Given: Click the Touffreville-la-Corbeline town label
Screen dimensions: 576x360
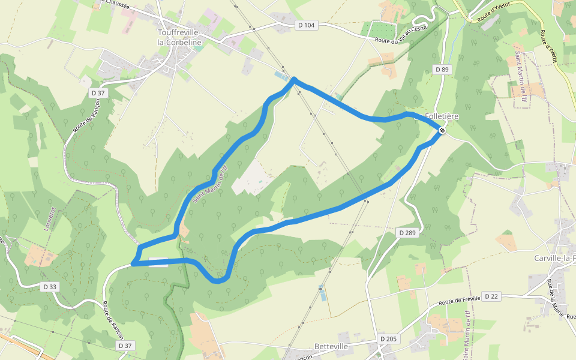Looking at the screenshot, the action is pos(179,37).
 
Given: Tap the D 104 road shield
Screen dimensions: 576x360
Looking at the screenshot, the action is pos(305,25).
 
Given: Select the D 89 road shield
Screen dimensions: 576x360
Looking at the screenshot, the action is pos(442,70).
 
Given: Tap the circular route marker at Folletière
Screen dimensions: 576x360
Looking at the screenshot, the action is pos(442,130).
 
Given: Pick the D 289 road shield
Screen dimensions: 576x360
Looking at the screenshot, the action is pos(407,232).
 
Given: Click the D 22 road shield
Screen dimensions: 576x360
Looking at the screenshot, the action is pos(491,296).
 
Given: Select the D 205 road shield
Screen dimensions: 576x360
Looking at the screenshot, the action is pos(388,339).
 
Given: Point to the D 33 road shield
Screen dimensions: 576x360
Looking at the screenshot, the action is pos(50,287).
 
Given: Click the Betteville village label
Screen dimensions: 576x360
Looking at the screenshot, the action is pos(331,347).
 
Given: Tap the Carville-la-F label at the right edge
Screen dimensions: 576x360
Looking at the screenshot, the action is pos(554,258).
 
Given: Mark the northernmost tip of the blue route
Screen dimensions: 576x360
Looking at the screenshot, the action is pos(294,79).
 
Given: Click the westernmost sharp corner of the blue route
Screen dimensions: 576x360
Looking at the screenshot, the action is pos(133,263).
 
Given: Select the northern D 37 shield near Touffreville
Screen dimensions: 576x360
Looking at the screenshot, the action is pos(97,93).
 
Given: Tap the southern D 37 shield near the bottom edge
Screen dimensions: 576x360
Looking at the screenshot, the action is pos(125,346).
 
